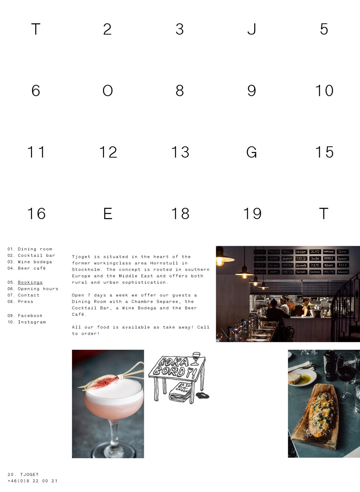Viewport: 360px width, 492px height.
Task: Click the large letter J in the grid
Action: (251, 29)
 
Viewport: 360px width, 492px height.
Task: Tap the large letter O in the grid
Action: (108, 91)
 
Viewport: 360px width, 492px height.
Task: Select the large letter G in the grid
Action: (251, 152)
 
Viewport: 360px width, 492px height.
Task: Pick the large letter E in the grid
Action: (108, 214)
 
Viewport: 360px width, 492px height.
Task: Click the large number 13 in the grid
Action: (180, 152)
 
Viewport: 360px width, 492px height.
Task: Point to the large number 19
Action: (252, 214)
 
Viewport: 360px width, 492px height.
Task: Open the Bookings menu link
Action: (30, 282)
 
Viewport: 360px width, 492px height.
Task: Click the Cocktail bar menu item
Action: (36, 256)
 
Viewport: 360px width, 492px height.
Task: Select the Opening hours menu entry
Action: (38, 289)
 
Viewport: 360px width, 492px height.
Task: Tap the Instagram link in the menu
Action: (32, 322)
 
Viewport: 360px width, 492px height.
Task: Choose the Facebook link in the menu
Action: (30, 316)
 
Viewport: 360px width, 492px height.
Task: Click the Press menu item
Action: (25, 302)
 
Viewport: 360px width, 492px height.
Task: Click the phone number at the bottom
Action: (32, 481)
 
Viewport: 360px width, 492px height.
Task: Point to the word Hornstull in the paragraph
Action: (164, 263)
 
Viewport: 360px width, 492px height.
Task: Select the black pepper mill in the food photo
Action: (330, 366)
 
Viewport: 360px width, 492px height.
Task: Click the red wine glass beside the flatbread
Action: (346, 373)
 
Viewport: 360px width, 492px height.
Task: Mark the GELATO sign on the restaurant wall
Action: (315, 252)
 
